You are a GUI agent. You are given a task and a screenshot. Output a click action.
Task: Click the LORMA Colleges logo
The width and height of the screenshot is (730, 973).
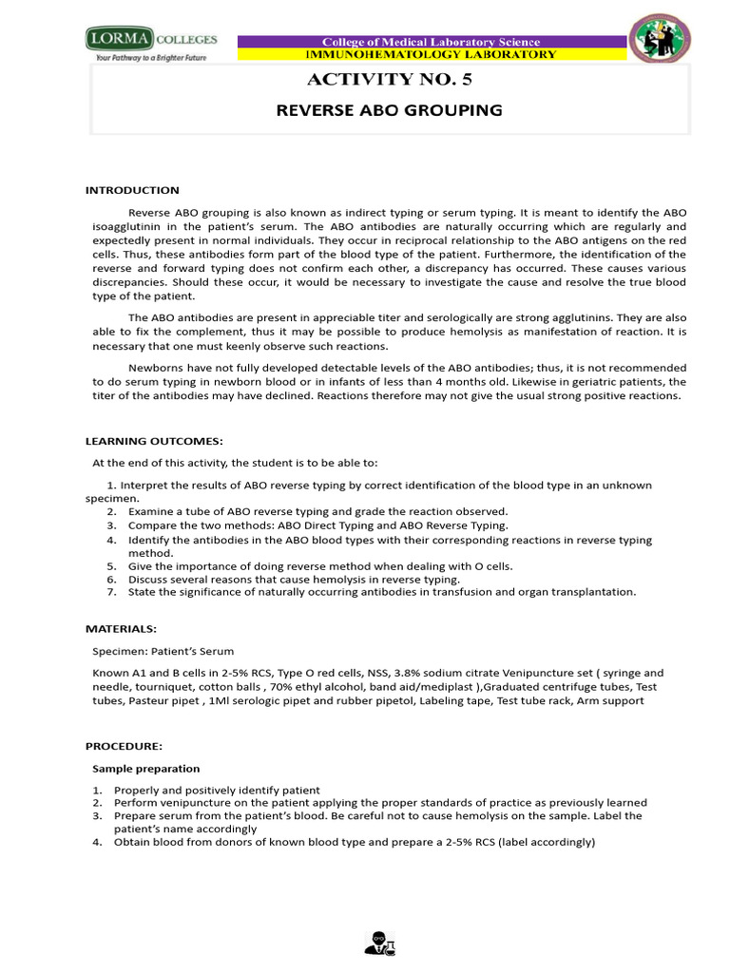coord(151,41)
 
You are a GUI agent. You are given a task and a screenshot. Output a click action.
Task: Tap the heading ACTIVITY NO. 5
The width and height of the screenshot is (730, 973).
coord(388,81)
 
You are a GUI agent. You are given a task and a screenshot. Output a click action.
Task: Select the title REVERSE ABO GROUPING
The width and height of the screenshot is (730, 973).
coord(388,110)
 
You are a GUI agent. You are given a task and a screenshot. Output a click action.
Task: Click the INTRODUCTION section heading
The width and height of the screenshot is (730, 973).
coord(132,190)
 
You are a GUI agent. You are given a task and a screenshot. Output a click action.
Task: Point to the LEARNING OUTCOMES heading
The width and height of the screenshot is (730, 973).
coord(154,441)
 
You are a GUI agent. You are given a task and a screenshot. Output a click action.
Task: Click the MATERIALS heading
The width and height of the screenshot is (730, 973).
coord(121,628)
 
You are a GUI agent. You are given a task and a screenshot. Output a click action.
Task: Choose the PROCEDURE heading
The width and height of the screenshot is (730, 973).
coord(125,746)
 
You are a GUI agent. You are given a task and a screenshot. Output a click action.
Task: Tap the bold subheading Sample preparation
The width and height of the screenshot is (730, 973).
coord(145,768)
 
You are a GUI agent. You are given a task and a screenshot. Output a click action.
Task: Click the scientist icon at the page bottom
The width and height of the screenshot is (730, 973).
coord(379,943)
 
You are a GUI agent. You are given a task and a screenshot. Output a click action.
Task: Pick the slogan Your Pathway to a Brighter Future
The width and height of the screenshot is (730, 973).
coord(149,58)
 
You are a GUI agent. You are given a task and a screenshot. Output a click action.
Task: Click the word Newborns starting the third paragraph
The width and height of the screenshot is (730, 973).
coord(153,367)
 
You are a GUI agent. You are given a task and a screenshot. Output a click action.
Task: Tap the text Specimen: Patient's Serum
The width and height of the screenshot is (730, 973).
coord(162,651)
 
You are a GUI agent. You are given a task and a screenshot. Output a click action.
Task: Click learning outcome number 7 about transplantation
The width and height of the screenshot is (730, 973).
coord(382,592)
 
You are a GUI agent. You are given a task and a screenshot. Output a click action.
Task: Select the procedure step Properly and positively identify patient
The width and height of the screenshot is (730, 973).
coord(217,791)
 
